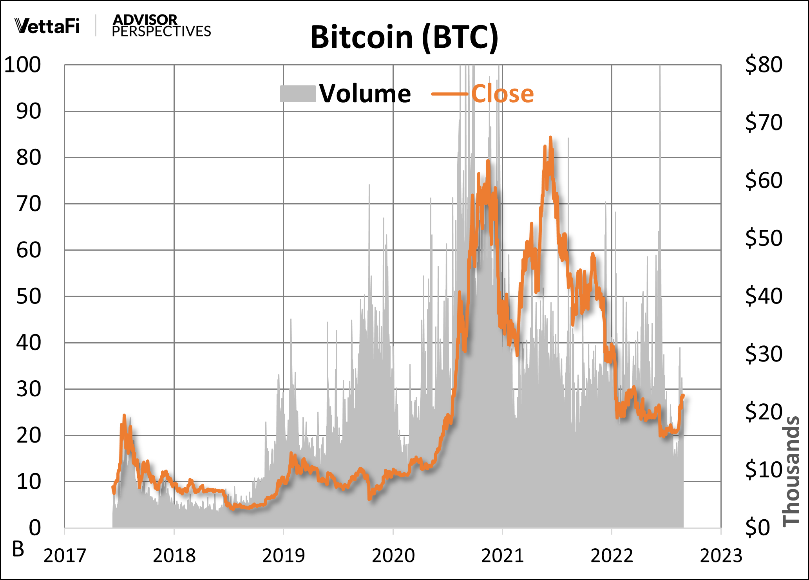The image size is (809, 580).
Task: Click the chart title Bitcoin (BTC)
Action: [x=404, y=37]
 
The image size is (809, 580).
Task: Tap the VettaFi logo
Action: [x=47, y=26]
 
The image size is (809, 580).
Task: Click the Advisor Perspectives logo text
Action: [x=161, y=26]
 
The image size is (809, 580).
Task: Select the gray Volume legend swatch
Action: [x=298, y=94]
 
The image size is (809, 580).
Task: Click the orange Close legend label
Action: [x=502, y=94]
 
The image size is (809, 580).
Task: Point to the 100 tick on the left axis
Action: [x=22, y=65]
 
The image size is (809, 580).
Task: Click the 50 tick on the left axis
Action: [x=29, y=296]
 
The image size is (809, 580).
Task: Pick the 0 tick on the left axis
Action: [x=35, y=528]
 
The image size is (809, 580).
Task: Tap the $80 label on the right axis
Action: [x=764, y=65]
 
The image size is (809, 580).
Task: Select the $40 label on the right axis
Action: [x=764, y=296]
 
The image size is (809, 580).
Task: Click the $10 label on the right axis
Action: [x=764, y=470]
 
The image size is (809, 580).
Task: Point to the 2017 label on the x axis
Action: [x=65, y=556]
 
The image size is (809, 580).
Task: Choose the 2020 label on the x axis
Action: [x=393, y=556]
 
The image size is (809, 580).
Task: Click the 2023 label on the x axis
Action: [x=721, y=556]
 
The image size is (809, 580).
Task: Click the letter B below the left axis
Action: [x=18, y=549]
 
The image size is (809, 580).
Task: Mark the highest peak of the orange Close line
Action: [x=550, y=137]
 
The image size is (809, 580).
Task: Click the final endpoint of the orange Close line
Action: [x=683, y=396]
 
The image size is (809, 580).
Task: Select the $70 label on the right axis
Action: [x=764, y=122]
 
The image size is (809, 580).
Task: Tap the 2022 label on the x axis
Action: [x=612, y=556]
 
